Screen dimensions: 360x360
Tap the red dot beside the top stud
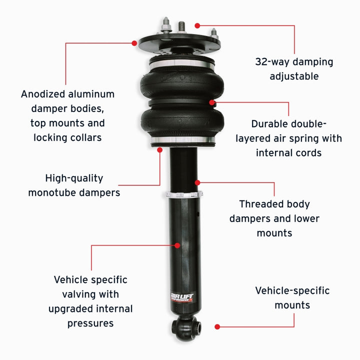[197, 24]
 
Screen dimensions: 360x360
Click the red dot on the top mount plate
[134, 43]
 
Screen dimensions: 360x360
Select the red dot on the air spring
[212, 102]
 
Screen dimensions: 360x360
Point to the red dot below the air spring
[160, 149]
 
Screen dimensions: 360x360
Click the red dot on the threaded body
[197, 182]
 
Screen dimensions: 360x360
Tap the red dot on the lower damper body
[177, 245]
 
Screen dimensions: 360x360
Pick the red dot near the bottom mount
[216, 326]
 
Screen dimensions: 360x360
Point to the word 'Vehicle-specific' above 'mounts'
[292, 290]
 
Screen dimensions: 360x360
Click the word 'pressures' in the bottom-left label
[90, 323]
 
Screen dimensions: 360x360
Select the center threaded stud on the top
[179, 25]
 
